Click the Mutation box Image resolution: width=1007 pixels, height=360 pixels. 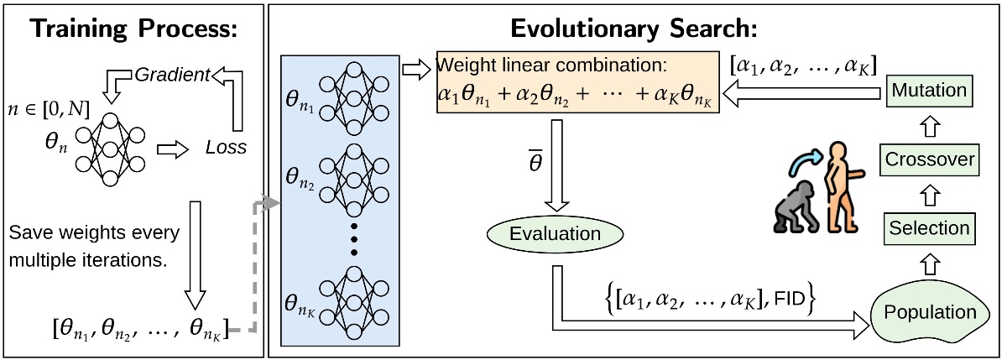[929, 91]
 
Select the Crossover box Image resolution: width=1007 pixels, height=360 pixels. [929, 160]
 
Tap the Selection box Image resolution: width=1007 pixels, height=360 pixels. [929, 229]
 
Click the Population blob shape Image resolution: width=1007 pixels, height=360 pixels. [930, 312]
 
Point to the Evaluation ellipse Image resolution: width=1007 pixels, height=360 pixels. [556, 234]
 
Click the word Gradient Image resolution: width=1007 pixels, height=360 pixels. [172, 75]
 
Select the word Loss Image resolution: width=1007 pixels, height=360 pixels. [226, 148]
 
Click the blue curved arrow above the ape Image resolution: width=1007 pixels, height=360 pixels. [805, 161]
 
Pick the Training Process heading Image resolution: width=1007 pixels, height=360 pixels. [133, 29]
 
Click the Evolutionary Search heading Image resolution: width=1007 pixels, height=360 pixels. [634, 29]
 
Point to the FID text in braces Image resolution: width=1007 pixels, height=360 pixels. [790, 299]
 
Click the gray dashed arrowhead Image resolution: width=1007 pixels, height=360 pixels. [270, 203]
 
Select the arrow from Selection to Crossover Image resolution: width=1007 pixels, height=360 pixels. [930, 195]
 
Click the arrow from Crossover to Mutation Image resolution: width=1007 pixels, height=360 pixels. [930, 126]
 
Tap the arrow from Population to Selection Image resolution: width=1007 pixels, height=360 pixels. [930, 264]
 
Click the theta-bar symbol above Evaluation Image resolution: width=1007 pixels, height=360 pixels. [535, 161]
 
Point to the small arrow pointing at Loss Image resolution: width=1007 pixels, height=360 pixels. [173, 149]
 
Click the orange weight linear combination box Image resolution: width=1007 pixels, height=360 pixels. [578, 82]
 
